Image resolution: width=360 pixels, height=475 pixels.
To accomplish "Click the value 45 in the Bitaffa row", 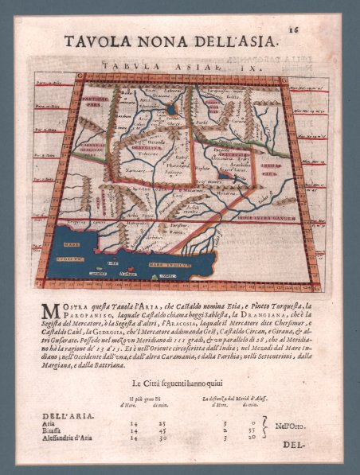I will (163, 431).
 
